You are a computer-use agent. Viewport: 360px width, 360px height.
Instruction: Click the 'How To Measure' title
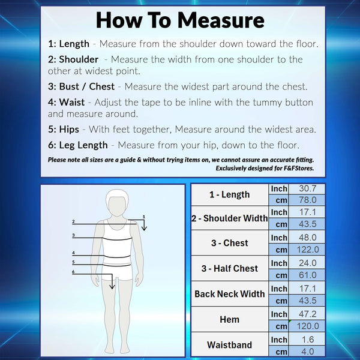pyautogui.click(x=180, y=20)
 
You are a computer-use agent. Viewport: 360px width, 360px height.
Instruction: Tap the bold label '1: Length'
pyautogui.click(x=68, y=44)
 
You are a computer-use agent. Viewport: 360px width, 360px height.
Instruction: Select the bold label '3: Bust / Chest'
pyautogui.click(x=81, y=86)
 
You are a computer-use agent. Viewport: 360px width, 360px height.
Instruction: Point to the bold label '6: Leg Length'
pyautogui.click(x=77, y=145)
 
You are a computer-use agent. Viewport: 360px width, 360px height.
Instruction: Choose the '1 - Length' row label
pyautogui.click(x=229, y=194)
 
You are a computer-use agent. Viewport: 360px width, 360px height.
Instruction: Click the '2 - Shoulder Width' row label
pyautogui.click(x=230, y=218)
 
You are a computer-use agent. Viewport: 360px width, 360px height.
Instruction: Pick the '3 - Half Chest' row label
pyautogui.click(x=230, y=268)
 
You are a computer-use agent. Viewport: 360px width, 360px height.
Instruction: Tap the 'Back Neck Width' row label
pyautogui.click(x=230, y=294)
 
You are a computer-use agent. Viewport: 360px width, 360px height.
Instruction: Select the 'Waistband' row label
pyautogui.click(x=229, y=345)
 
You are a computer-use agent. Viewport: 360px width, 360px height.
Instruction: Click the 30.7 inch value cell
pyautogui.click(x=307, y=188)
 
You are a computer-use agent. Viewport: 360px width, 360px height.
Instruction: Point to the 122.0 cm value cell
pyautogui.click(x=308, y=250)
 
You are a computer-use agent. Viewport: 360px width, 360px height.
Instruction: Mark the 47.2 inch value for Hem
pyautogui.click(x=307, y=314)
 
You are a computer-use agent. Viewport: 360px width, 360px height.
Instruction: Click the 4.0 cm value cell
pyautogui.click(x=307, y=351)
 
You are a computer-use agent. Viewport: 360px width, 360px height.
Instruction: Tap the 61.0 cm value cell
pyautogui.click(x=307, y=275)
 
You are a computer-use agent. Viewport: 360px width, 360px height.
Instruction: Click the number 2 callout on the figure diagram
pyautogui.click(x=73, y=221)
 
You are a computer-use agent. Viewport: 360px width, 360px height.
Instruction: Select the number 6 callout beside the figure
pyautogui.click(x=73, y=272)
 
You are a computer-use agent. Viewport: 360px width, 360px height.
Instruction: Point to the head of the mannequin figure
pyautogui.click(x=117, y=203)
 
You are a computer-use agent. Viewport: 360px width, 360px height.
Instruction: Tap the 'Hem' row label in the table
pyautogui.click(x=229, y=319)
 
